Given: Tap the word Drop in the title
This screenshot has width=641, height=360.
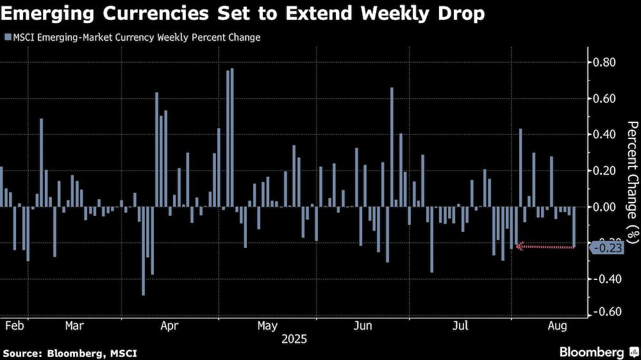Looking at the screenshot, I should pos(456,14).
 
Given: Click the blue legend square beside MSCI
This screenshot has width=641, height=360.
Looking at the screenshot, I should pos(7,38).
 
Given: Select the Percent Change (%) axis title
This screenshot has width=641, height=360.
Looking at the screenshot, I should pos(632,182).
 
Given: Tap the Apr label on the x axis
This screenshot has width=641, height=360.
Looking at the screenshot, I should pos(169,325).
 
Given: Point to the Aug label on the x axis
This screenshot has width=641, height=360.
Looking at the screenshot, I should pos(556,325).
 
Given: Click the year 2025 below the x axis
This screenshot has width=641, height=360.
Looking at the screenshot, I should pos(294,339).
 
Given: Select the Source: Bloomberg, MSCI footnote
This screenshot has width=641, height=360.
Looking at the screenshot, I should pos(70,353).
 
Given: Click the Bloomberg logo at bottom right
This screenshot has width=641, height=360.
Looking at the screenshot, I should pos(591,352).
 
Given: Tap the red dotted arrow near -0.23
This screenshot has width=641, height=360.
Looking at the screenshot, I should pos(545,246).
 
